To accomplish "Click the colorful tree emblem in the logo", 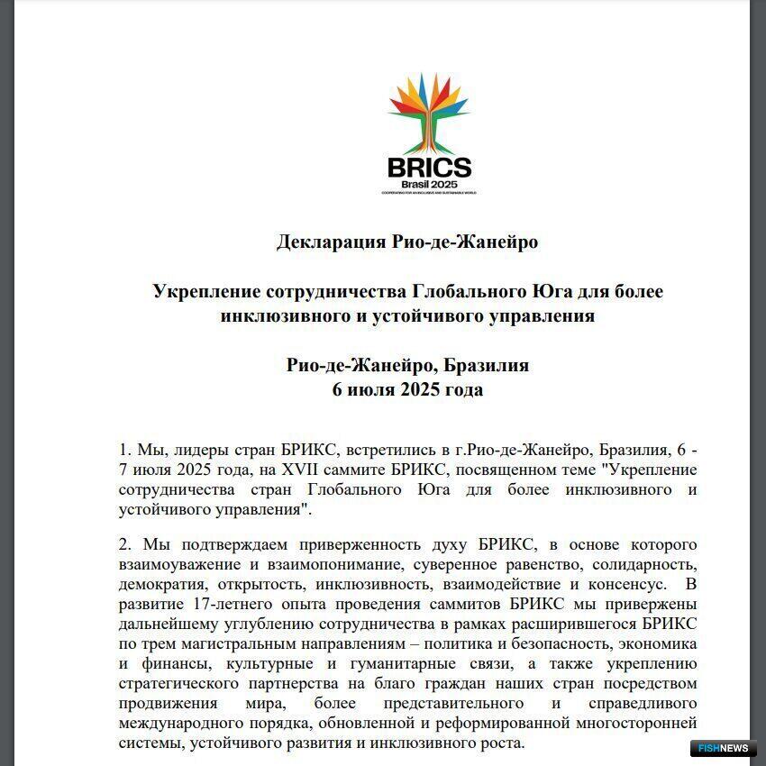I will tap(428, 112).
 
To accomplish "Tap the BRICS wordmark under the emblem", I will tap(429, 168).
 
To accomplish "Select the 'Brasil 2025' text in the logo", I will tap(429, 184).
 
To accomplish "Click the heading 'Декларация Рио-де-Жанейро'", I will tap(407, 242).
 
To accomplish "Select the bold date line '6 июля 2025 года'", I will tap(407, 389).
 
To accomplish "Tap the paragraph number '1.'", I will tap(125, 450).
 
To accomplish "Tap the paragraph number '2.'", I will tap(125, 545).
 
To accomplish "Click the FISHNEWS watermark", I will tap(724, 748).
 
